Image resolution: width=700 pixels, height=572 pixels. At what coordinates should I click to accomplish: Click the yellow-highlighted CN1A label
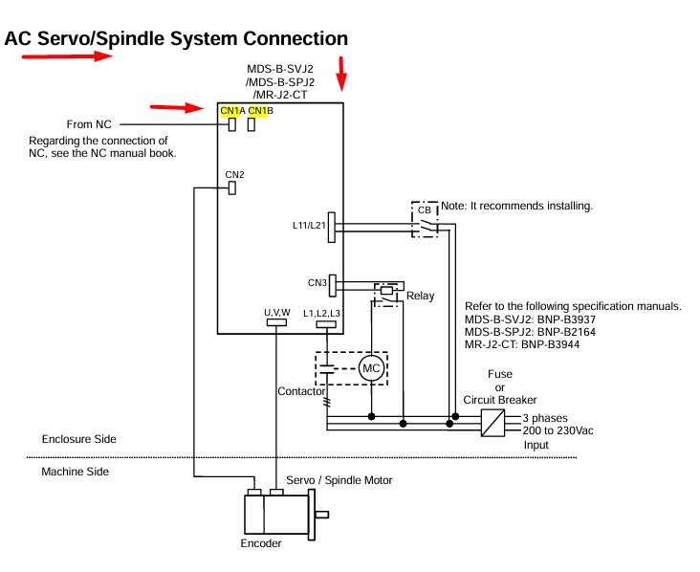(x=232, y=111)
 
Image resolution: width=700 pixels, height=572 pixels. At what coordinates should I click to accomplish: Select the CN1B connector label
(x=260, y=111)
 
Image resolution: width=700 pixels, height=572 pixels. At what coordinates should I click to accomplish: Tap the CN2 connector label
(x=234, y=174)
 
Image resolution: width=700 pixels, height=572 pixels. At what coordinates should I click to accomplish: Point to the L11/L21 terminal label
(x=309, y=226)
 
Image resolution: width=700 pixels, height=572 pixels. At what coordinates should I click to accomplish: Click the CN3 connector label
(x=317, y=282)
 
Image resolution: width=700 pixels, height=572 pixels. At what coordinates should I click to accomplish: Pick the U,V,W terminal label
(x=276, y=313)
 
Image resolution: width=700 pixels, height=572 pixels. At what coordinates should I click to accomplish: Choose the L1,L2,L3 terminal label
(x=321, y=313)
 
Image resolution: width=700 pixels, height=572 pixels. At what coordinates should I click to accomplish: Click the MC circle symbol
(x=370, y=368)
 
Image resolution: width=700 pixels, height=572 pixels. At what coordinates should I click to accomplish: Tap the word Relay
(x=420, y=297)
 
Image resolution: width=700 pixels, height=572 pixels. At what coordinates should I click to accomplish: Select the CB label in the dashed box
(x=424, y=209)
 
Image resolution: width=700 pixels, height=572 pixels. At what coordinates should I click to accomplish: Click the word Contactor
(x=302, y=391)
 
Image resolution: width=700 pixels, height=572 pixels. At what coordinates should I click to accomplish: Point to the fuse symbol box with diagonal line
(x=492, y=423)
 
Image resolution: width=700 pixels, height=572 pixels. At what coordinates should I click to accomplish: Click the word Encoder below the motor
(x=261, y=543)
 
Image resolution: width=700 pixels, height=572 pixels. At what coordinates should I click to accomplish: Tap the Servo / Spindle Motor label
(x=339, y=479)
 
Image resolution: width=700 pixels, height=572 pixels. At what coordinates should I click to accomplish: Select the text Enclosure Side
(x=78, y=439)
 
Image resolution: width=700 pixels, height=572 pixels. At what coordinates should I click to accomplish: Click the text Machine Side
(x=75, y=472)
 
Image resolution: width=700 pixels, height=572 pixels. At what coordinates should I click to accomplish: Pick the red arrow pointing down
(x=341, y=73)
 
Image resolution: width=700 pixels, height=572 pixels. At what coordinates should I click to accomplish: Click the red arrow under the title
(x=67, y=56)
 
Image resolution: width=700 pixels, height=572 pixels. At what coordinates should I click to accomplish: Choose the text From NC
(x=90, y=124)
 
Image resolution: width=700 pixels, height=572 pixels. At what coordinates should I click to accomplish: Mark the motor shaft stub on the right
(x=321, y=516)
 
